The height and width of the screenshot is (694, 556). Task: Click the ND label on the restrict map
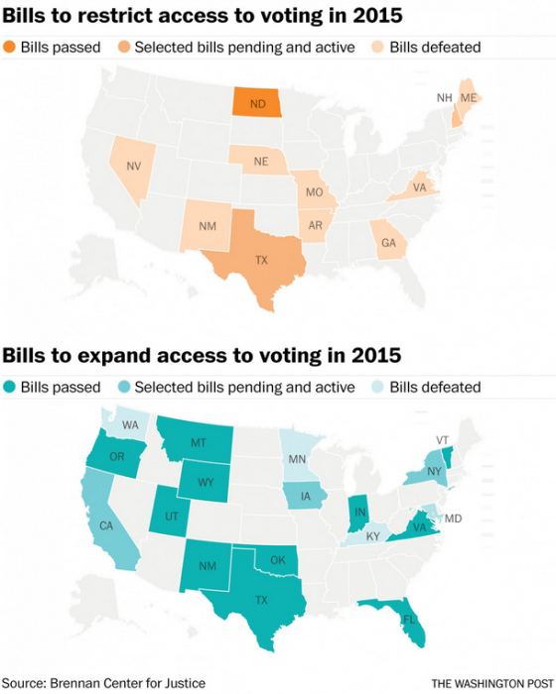coord(256,102)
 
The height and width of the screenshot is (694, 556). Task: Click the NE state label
coord(259,162)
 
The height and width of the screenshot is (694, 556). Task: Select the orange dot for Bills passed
coord(10,48)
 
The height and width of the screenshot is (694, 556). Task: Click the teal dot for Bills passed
coord(10,387)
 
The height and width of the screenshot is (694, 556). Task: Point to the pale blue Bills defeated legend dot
coord(379,387)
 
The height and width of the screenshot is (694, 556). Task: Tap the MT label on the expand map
coord(198,443)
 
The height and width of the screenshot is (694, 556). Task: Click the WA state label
coord(130,424)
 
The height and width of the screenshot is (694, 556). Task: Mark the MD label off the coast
coord(453,519)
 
